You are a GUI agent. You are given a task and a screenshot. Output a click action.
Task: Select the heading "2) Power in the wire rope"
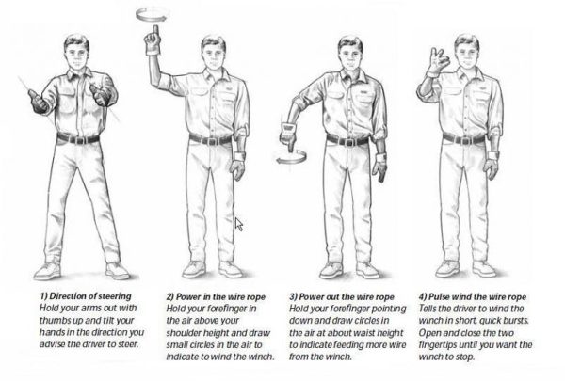[x=214, y=297]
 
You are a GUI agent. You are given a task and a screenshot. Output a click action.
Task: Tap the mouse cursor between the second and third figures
[x=239, y=225]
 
